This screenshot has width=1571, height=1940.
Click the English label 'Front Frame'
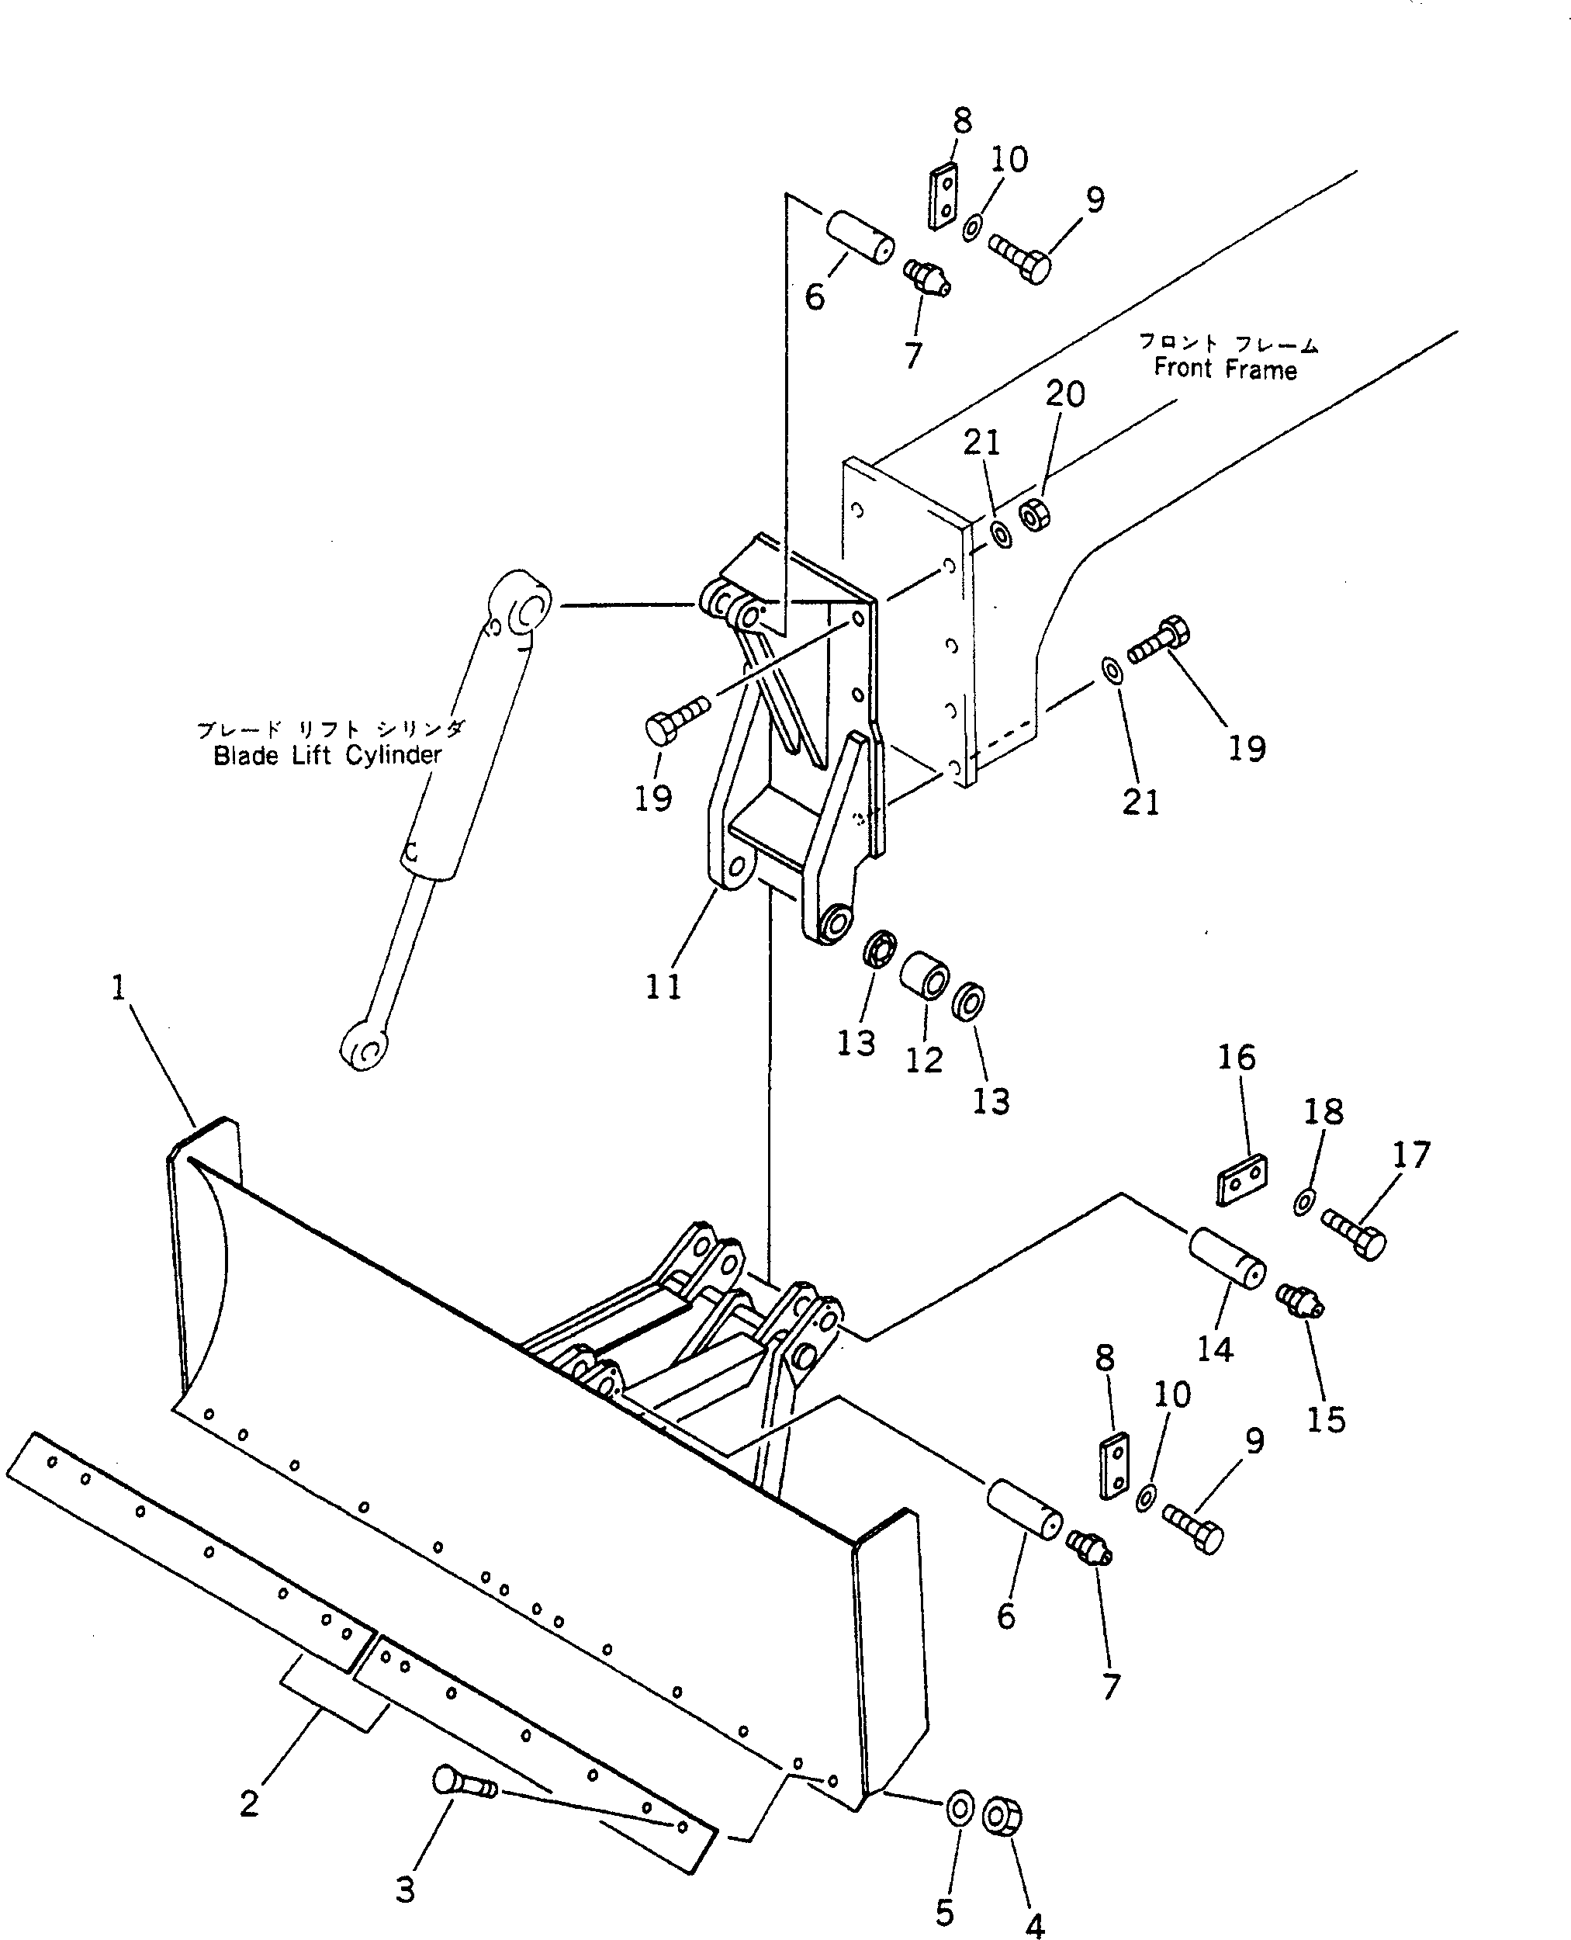[x=1224, y=369]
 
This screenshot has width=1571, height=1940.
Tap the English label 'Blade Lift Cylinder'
[x=327, y=755]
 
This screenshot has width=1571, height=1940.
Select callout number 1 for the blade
[x=119, y=988]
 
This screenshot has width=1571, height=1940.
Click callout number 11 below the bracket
[x=663, y=985]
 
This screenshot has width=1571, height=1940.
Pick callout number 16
[x=1236, y=1058]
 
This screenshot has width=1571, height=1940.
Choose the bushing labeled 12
[x=924, y=974]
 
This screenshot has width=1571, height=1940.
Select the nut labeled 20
[x=1034, y=515]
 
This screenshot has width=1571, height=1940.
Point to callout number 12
[x=924, y=1059]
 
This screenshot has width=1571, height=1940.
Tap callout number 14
[x=1214, y=1349]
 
